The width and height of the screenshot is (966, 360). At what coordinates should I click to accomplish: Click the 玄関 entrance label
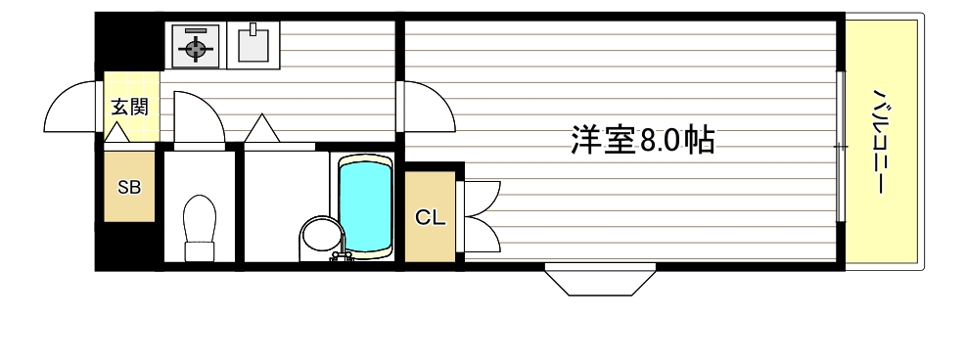129,107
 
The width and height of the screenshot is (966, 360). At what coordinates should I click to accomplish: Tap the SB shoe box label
129,187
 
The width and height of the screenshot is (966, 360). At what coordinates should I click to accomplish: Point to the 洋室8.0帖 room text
642,141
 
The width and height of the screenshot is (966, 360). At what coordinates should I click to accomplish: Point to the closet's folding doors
482,215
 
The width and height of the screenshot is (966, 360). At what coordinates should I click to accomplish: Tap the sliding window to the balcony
839,147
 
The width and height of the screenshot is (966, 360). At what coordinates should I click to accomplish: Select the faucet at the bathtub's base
342,256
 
